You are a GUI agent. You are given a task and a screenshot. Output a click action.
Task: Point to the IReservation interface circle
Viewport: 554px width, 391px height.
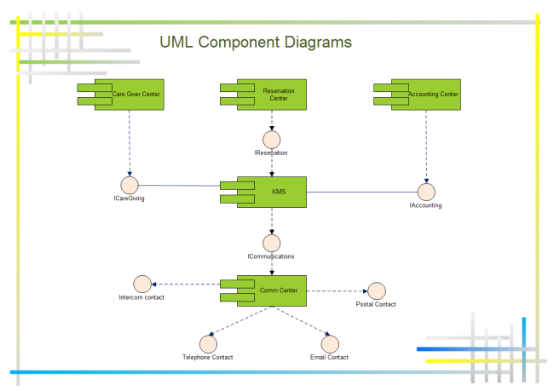coord(272,139)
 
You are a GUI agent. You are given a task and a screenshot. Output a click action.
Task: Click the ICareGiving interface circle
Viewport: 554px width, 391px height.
coord(130,184)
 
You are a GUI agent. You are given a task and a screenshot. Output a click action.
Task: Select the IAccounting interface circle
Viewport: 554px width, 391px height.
coord(426,192)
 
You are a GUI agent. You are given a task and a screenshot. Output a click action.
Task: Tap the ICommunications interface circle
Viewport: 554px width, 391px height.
coord(272,244)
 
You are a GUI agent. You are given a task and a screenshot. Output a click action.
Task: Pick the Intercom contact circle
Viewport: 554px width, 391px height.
coord(141,285)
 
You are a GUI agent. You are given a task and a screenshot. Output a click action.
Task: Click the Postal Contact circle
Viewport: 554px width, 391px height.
coord(376,290)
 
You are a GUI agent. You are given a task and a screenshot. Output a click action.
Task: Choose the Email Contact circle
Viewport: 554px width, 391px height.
coord(329,342)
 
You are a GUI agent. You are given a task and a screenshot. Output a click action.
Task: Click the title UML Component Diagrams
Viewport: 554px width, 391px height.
coord(256,42)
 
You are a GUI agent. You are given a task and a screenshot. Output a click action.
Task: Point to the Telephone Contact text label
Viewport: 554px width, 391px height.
coord(207,357)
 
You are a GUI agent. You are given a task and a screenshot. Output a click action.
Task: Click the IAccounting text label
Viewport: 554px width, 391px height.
coord(425,205)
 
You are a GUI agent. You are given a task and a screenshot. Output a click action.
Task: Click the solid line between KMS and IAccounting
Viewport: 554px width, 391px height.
coord(362,192)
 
